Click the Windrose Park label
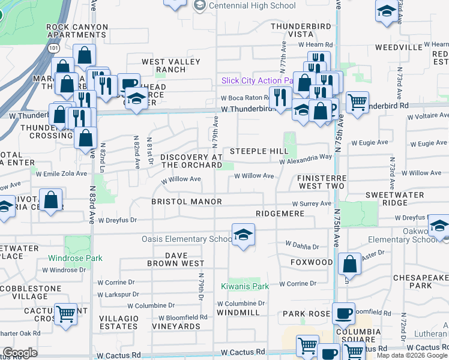76,259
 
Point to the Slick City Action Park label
257,81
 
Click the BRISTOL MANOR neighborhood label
178,202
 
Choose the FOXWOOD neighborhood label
311,262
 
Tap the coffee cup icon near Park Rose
343,313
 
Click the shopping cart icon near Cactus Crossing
65,313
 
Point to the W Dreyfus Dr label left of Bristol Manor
118,220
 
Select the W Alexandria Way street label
306,157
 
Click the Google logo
20,353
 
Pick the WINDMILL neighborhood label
238,313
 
